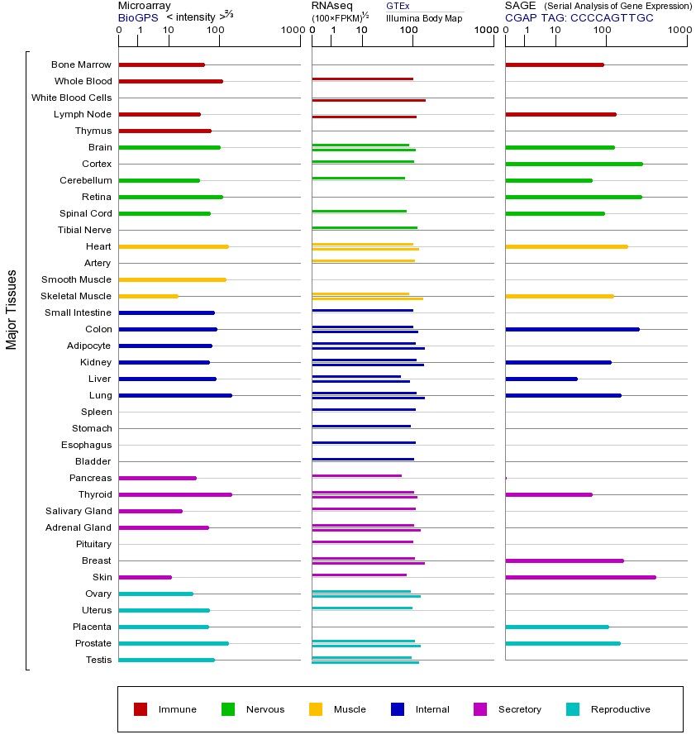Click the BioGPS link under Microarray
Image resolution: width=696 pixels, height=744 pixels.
(x=138, y=18)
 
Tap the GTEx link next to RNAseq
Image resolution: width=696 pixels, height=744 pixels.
(x=398, y=6)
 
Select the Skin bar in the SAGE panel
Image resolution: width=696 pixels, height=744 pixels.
(x=581, y=578)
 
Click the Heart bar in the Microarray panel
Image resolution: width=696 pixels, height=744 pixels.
(x=174, y=246)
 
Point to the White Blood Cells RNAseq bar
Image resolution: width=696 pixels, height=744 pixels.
(x=369, y=101)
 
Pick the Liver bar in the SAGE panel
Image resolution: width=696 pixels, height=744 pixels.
(x=541, y=379)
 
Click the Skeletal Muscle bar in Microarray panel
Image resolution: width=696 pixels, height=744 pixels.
(x=149, y=297)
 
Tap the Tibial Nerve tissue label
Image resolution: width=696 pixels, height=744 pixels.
(x=84, y=230)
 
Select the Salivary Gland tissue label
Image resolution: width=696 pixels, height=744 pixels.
(x=79, y=511)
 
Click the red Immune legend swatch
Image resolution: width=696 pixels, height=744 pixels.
(x=141, y=709)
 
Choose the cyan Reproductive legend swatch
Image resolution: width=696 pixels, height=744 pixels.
(x=573, y=709)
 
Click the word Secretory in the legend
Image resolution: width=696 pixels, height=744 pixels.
(x=519, y=709)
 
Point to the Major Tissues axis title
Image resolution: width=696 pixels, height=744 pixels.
(x=12, y=310)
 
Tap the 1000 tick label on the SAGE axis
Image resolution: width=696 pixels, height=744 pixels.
(x=679, y=30)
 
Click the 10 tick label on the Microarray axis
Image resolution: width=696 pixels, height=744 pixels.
(x=169, y=30)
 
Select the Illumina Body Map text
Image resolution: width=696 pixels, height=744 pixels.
(x=424, y=18)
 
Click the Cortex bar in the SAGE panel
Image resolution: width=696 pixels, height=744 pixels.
(x=574, y=165)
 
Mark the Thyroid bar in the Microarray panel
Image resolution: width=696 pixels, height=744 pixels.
(x=175, y=495)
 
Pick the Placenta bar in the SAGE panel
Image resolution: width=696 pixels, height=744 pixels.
(x=557, y=627)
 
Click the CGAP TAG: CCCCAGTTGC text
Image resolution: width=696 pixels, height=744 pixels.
(x=579, y=18)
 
